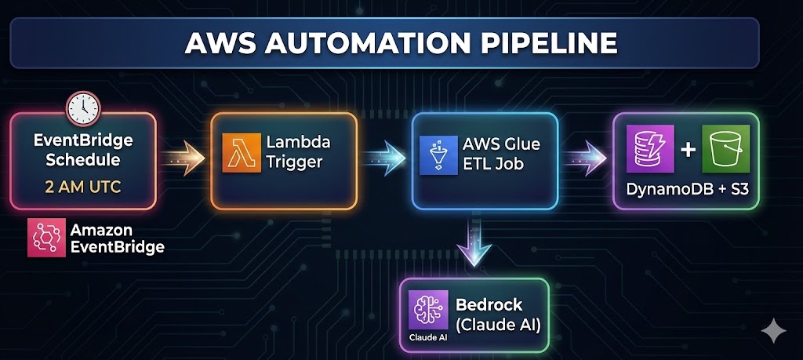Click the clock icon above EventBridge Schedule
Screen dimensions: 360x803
(82, 108)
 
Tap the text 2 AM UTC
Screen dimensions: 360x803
(82, 188)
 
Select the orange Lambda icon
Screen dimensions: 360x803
(240, 152)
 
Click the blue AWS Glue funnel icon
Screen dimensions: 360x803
(438, 154)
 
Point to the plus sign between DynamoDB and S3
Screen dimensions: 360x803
(687, 149)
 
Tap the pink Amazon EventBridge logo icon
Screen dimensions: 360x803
(45, 237)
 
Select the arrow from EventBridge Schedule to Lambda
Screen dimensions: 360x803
(183, 158)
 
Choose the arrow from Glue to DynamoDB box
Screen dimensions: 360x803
(585, 158)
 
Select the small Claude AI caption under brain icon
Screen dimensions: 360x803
(427, 338)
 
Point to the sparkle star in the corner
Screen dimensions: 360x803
(773, 330)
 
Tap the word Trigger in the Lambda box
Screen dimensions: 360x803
(293, 164)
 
